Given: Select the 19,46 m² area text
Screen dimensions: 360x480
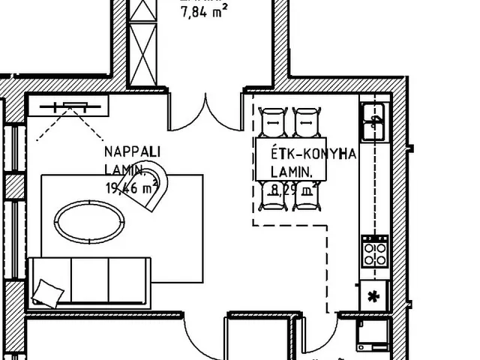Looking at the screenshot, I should tap(132, 187).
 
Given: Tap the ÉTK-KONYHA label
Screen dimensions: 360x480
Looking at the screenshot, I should tap(313, 154).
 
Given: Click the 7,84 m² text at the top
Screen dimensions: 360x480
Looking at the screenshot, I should tap(205, 10).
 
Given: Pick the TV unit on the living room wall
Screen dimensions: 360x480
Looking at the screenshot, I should tap(70, 106).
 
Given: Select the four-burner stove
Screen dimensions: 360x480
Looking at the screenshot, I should tap(374, 253).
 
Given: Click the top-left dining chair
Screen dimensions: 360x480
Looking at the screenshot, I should tap(273, 121).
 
